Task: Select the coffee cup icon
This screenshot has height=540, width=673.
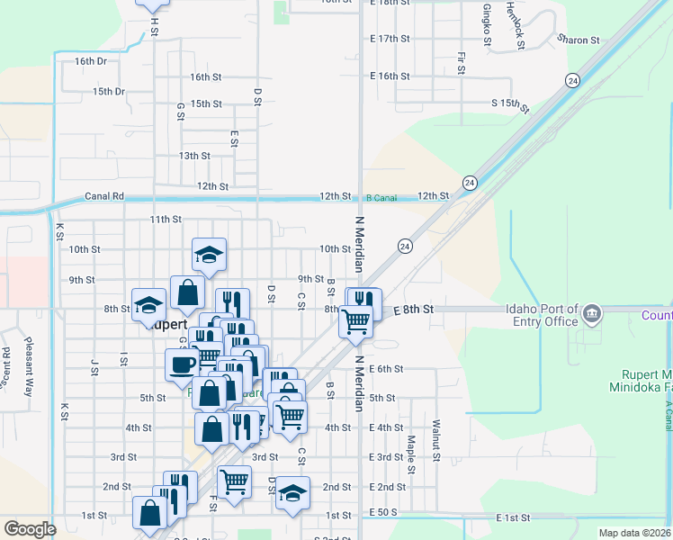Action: point(182,364)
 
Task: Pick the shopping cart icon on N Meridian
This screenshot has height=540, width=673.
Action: point(356,319)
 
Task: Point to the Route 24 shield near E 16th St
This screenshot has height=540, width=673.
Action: point(572,80)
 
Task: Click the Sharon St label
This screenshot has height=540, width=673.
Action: point(578,40)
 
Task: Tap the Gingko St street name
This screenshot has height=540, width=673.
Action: point(487,24)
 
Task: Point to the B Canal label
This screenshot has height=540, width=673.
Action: point(381,197)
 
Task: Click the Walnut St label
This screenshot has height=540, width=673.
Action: point(435,439)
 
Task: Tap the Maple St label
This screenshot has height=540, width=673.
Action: point(410,455)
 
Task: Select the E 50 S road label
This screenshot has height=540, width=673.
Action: point(382,512)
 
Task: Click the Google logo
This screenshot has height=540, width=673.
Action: point(30,529)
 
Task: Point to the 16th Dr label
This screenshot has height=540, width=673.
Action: point(91,61)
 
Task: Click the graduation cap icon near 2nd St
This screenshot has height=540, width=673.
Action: point(292,493)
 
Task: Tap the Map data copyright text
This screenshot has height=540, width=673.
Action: point(634,533)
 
